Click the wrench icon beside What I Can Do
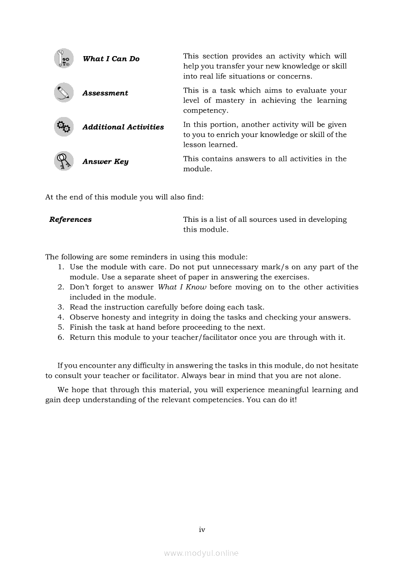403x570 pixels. coord(63,59)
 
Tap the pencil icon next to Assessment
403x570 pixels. coord(63,93)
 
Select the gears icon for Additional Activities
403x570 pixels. coord(63,127)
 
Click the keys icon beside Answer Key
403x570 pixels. coord(63,161)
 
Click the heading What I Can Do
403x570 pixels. coord(111,59)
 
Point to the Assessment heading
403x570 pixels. coord(105,93)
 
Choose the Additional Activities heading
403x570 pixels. coord(123,127)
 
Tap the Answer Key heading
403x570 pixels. coord(105,161)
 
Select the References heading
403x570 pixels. coord(71,219)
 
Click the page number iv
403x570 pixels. coord(202,530)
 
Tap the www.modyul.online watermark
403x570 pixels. coord(201,553)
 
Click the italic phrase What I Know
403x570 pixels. coord(182,287)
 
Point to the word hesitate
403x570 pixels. coord(343,366)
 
